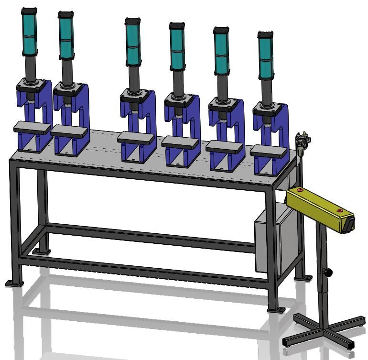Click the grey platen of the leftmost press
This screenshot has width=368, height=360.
point(32,127)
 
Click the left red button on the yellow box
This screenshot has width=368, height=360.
point(300,190)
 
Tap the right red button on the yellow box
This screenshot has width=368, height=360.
point(339,210)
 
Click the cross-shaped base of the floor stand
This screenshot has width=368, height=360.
point(325,330)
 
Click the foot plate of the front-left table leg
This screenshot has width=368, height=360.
point(14,284)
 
